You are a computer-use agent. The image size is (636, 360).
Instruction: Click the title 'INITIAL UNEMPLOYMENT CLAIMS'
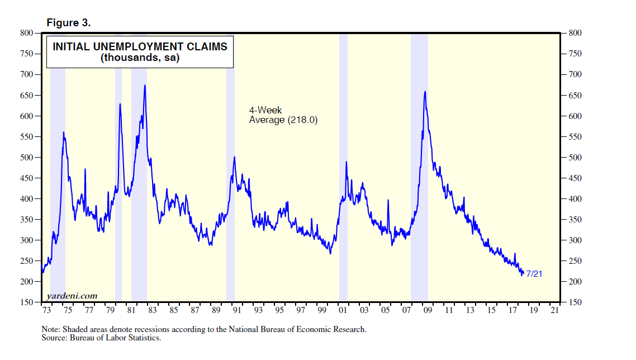140,47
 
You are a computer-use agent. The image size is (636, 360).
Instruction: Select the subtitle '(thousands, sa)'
140,58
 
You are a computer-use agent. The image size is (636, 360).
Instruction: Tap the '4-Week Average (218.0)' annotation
283,115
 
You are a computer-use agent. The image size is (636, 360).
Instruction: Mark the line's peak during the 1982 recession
145,86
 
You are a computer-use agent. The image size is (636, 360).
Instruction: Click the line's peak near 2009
425,92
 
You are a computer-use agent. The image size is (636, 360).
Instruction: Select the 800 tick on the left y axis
27,33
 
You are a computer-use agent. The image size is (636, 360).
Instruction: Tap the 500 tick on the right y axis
575,158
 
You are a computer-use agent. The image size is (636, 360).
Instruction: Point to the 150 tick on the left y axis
27,302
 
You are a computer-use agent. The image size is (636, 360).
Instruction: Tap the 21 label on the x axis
556,311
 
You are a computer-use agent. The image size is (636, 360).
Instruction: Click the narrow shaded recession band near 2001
343,168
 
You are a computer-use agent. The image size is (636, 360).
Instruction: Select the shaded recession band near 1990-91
230,168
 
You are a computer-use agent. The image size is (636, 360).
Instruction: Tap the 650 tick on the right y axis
575,96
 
